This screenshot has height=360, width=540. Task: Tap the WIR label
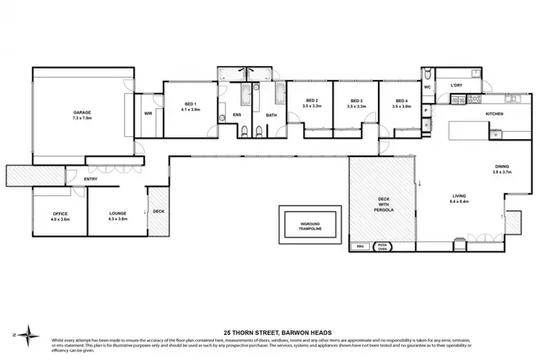pyautogui.click(x=148, y=113)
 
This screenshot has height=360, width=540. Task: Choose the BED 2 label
pyautogui.click(x=312, y=101)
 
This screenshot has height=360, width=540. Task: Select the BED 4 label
pyautogui.click(x=401, y=101)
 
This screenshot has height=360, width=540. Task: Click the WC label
pyautogui.click(x=427, y=87)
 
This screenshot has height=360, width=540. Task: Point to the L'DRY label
pyautogui.click(x=456, y=86)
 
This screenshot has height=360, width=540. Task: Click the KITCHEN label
pyautogui.click(x=494, y=114)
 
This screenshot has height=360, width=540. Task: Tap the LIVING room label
pyautogui.click(x=459, y=194)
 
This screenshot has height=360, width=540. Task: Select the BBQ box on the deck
pyautogui.click(x=360, y=246)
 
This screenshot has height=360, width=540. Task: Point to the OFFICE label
pyautogui.click(x=60, y=214)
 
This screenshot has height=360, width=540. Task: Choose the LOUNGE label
pyautogui.click(x=117, y=214)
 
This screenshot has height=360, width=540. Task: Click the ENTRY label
pyautogui.click(x=91, y=179)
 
